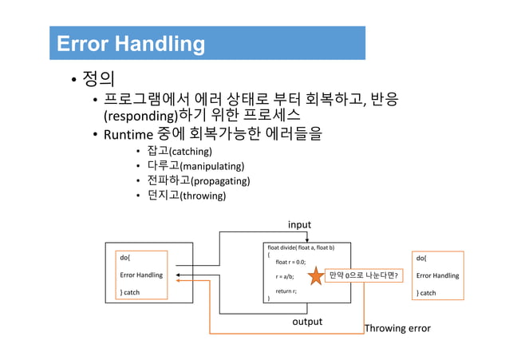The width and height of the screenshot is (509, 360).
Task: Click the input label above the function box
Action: click(x=299, y=225)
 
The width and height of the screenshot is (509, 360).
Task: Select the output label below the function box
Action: click(x=306, y=322)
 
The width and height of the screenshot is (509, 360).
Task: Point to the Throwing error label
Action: click(x=397, y=328)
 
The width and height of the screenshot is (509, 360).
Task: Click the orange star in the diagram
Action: click(x=315, y=276)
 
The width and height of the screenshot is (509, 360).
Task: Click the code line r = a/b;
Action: click(x=285, y=276)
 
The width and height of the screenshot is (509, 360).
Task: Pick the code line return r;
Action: click(x=286, y=291)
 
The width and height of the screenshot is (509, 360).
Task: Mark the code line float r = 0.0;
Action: click(x=290, y=262)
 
